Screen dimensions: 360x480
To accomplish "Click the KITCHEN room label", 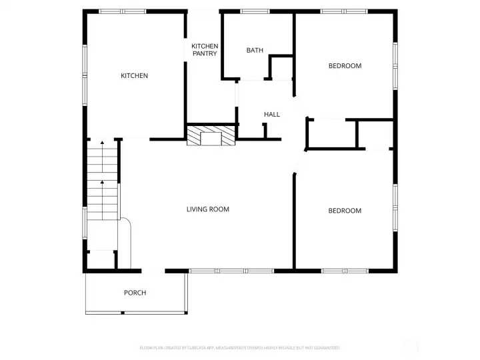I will tap(134, 76).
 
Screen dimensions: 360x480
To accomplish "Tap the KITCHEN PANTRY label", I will tap(205, 50).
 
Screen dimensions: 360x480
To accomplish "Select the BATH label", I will tap(255, 51).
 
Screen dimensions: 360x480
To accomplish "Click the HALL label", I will tap(272, 115).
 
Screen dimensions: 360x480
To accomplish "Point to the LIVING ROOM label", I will tap(207, 209).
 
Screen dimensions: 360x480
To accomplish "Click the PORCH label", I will tap(135, 293).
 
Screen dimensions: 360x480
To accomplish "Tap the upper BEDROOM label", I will tap(345, 66).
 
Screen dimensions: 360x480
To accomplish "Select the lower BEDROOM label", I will tap(345, 211).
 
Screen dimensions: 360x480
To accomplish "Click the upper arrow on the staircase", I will tap(101, 143).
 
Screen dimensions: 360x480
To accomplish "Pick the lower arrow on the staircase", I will tap(101, 183).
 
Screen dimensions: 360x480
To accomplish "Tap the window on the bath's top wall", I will tap(250, 11).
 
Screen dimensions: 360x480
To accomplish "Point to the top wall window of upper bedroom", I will tap(343, 11).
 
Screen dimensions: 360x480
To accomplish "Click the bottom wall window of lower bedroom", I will tap(343, 271).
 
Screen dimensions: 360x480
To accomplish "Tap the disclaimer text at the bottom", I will tap(239, 348).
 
